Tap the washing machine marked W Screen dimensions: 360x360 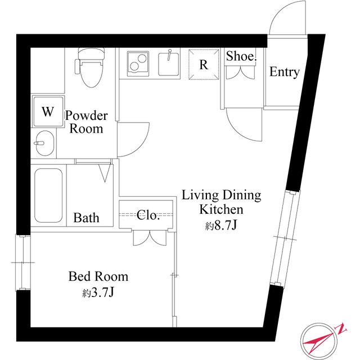pyautogui.click(x=48, y=111)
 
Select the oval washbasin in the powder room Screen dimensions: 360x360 pyautogui.click(x=44, y=143)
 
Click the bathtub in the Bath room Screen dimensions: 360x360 pyautogui.click(x=48, y=195)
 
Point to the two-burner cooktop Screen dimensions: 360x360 pyautogui.click(x=138, y=64)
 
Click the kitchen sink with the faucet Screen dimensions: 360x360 pyautogui.click(x=169, y=64)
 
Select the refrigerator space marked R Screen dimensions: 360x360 pyautogui.click(x=204, y=65)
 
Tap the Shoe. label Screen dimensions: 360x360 pyautogui.click(x=241, y=56)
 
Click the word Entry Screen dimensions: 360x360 pyautogui.click(x=284, y=72)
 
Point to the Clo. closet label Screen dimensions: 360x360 pyautogui.click(x=148, y=215)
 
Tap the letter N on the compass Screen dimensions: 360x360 pyautogui.click(x=341, y=329)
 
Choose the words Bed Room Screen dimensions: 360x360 pyautogui.click(x=98, y=276)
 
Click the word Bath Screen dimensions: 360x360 pyautogui.click(x=86, y=218)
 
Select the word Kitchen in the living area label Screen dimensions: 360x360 pyautogui.click(x=221, y=209)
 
